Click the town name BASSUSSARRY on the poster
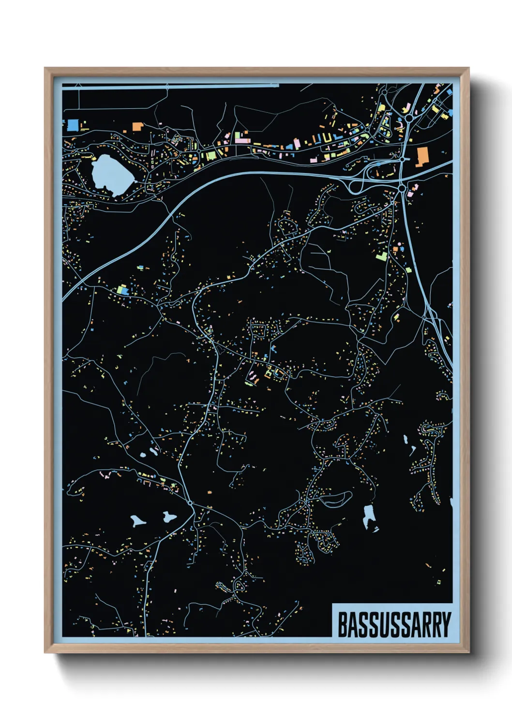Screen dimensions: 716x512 pos(393,625)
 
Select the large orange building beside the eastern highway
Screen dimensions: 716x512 pos(422,156)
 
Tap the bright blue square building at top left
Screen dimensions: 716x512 pos(73,125)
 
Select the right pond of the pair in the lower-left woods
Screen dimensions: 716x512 pos(169,517)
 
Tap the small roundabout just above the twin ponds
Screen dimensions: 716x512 pos(191,504)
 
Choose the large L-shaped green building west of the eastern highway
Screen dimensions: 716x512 pos(382,255)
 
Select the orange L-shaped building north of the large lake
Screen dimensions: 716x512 pos(138,127)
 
